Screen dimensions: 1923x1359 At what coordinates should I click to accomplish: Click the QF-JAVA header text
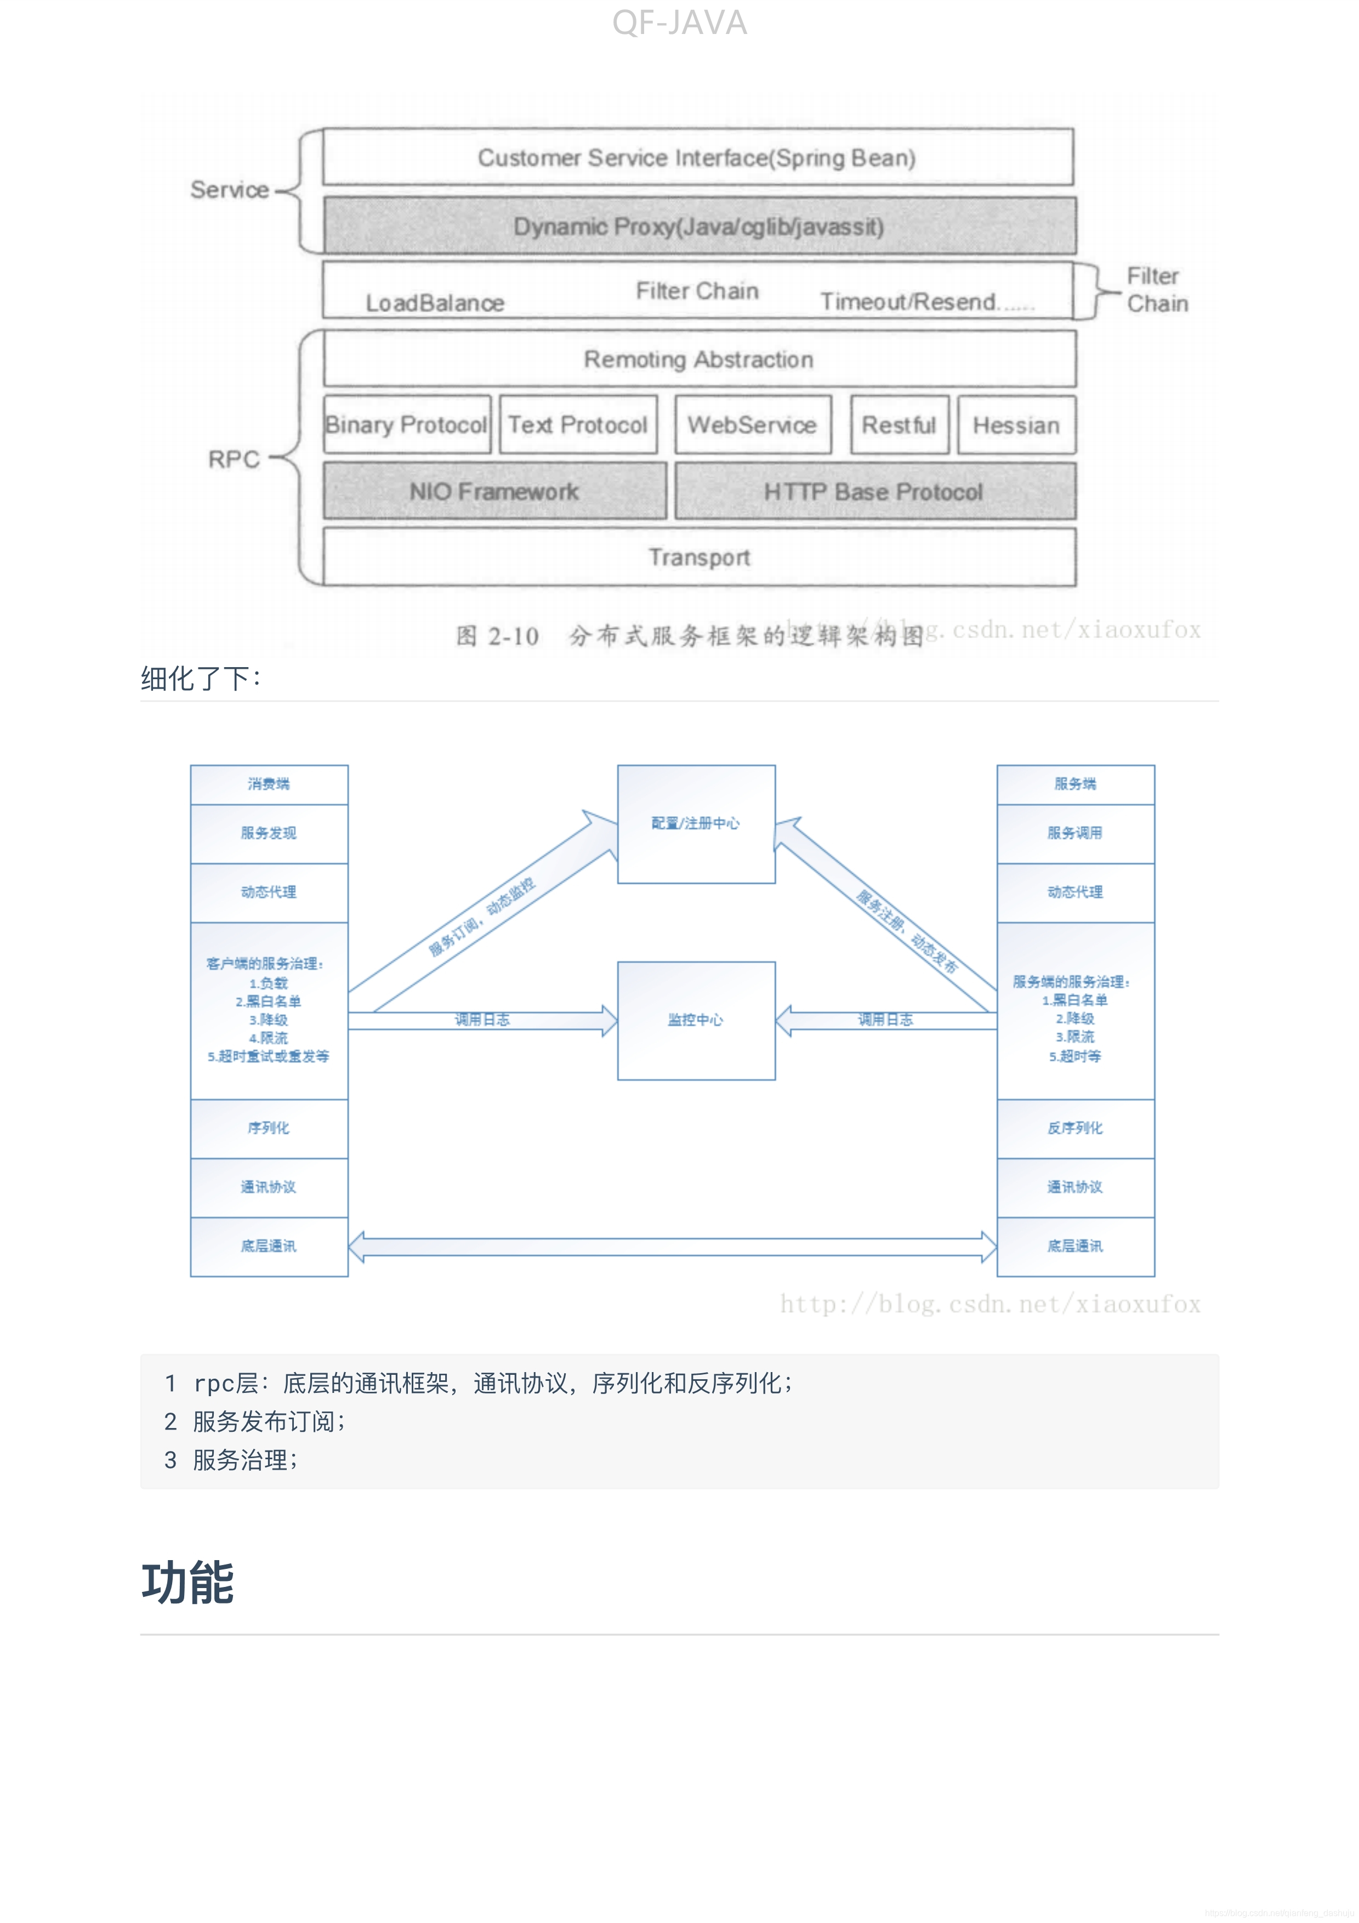pos(679,22)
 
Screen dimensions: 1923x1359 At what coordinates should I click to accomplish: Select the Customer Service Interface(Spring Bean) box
pos(697,157)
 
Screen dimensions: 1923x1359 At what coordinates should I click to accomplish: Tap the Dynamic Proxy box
pos(699,226)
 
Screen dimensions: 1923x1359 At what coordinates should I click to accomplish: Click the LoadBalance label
pos(435,303)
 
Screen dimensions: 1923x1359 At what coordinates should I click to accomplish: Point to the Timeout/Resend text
pos(908,301)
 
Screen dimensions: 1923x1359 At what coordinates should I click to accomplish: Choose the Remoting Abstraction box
pos(699,359)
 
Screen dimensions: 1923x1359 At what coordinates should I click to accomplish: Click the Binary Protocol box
pos(407,425)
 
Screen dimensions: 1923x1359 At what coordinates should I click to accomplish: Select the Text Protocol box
pos(578,425)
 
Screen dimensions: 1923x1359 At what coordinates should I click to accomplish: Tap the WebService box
pos(752,425)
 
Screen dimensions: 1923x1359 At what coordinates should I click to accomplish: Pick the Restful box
pos(899,425)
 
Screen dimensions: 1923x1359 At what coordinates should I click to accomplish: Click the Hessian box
pos(1016,425)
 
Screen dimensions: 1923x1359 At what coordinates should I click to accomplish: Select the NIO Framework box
pos(494,492)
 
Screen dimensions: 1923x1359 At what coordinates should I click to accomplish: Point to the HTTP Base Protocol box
pos(874,492)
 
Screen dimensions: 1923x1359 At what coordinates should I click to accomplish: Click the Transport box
pos(699,557)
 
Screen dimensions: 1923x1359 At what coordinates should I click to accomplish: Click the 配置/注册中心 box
pos(696,824)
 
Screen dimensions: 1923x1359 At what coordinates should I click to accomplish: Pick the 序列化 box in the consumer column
pos(269,1128)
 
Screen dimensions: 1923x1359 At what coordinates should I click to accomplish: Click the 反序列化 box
pos(1075,1128)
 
